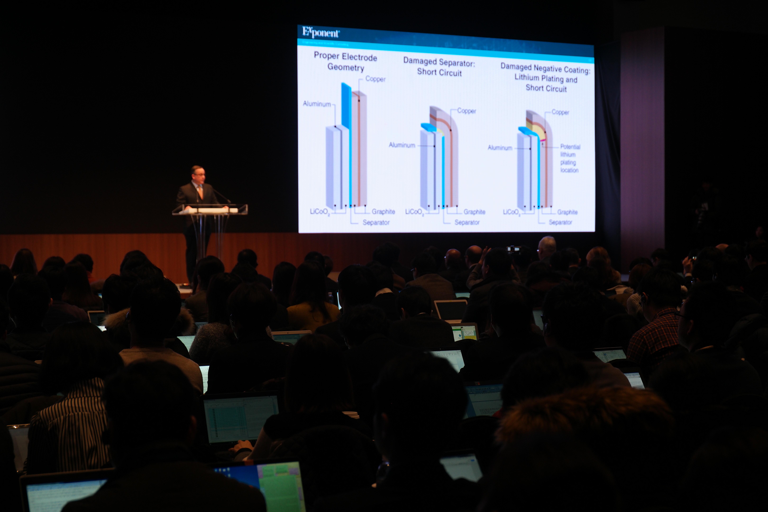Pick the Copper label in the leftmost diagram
375,79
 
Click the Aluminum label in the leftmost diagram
317,104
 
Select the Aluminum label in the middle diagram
402,145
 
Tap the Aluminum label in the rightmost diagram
500,148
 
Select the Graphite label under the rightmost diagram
567,212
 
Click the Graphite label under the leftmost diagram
383,212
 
